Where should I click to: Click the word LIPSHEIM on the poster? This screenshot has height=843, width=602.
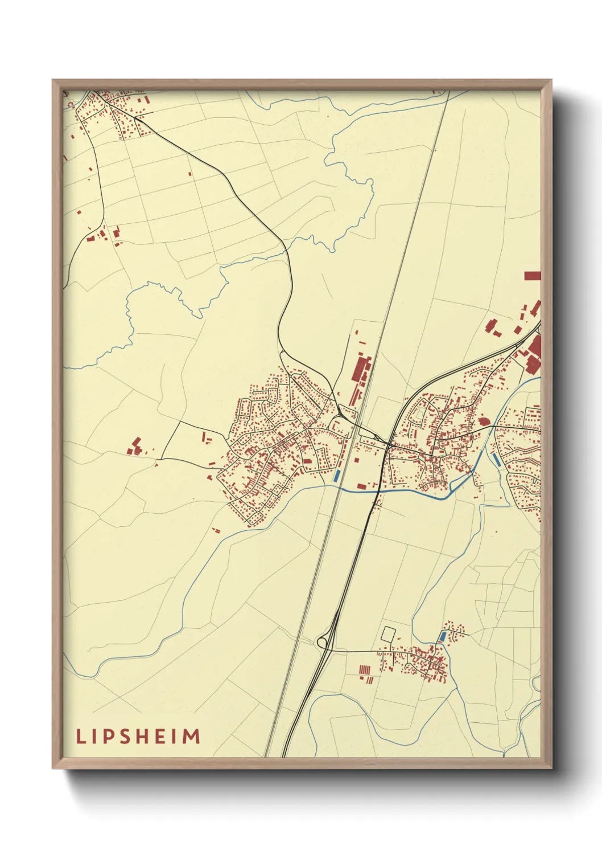(x=138, y=736)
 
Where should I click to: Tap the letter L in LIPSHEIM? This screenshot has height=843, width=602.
(x=80, y=736)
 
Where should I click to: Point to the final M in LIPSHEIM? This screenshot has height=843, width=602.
(x=192, y=736)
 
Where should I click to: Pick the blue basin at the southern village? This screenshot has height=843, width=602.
(x=442, y=636)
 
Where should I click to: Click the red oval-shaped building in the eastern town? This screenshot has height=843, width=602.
(x=484, y=421)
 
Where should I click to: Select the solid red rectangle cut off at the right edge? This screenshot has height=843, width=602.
(x=532, y=276)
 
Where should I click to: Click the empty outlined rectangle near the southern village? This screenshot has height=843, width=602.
(x=389, y=633)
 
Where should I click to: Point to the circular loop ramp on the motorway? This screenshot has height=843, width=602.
(x=323, y=643)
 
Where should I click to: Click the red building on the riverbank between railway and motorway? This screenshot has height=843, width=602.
(x=362, y=486)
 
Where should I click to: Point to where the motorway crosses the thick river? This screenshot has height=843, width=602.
(x=376, y=490)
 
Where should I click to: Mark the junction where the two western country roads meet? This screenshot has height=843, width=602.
(x=162, y=458)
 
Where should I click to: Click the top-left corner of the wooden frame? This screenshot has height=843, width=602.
(x=53, y=80)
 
